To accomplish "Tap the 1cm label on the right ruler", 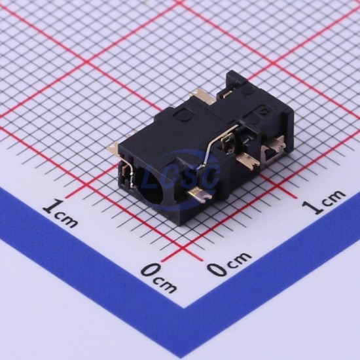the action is tap(323, 202).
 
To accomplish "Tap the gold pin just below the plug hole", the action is tap(199, 194).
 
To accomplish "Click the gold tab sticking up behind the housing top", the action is tap(202, 95).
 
